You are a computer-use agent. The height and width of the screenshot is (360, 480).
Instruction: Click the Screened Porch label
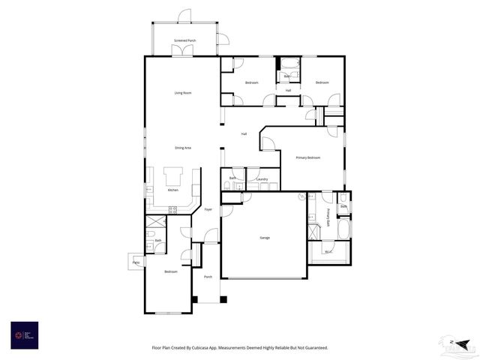pos(185,40)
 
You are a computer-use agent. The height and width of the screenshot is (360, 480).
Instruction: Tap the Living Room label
pos(183,93)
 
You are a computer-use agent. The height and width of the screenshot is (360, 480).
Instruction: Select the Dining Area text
pos(183,148)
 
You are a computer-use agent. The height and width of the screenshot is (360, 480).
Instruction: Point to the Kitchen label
pos(173,190)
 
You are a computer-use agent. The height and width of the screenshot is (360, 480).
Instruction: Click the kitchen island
pos(173,175)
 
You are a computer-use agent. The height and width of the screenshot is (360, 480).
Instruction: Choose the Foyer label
pos(208,209)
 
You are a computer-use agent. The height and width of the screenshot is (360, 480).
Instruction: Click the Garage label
pos(265,238)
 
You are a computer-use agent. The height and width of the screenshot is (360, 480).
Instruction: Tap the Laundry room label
pos(262,179)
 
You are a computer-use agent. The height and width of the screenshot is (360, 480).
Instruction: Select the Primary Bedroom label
pos(307,157)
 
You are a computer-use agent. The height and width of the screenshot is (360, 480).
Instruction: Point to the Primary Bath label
pos(328,217)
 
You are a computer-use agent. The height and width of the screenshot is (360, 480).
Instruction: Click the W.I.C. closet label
pos(328,252)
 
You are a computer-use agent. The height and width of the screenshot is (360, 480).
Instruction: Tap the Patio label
pos(136,262)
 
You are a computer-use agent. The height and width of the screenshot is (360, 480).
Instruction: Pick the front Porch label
pos(208,277)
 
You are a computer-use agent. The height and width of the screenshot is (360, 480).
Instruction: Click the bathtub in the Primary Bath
pos(343,228)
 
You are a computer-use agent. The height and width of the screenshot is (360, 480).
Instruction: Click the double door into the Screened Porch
pos(181,52)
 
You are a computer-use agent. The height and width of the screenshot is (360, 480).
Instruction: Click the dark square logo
pos(24,334)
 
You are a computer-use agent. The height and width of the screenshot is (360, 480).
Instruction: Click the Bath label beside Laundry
pos(232,178)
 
